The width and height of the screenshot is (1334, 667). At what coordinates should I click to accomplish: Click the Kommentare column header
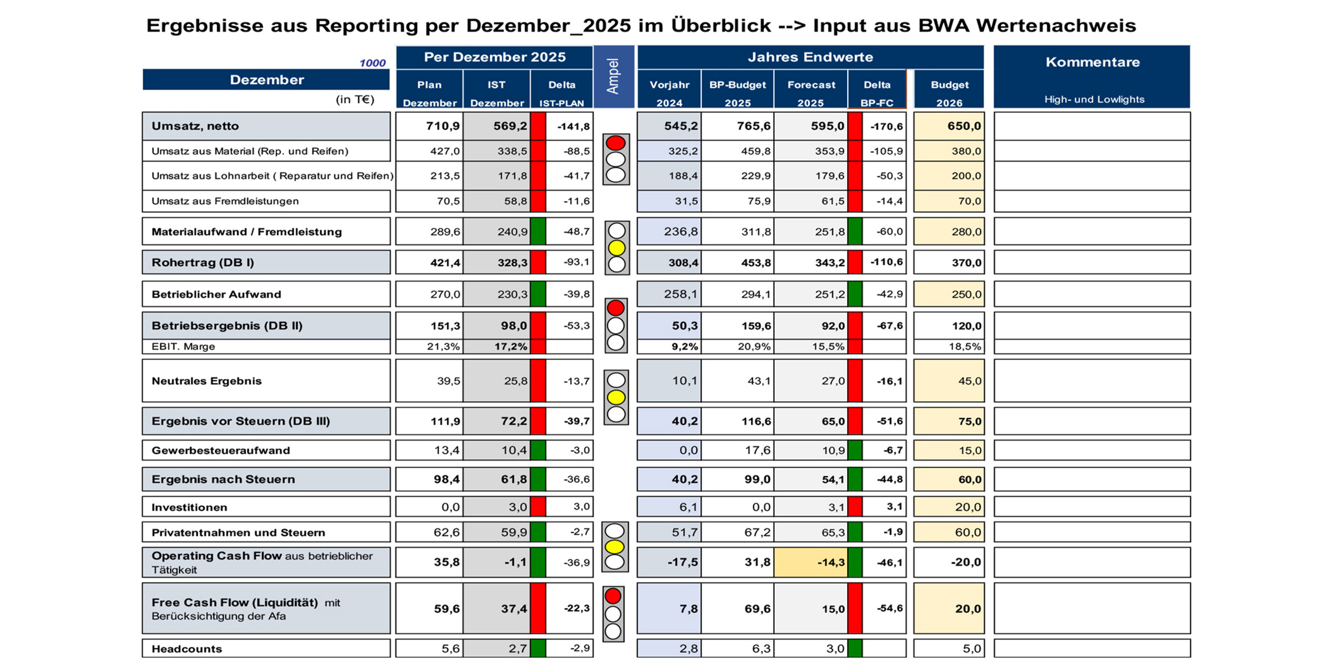1092,62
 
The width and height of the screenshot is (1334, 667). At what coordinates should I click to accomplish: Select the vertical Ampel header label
613,76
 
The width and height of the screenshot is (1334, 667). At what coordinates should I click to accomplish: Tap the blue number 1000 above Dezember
372,63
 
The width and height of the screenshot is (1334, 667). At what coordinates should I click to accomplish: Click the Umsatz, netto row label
195,126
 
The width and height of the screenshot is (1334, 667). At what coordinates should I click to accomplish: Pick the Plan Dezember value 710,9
443,126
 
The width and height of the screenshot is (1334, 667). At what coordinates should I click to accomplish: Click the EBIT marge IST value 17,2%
510,346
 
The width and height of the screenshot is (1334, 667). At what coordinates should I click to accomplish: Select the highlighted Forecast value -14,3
830,563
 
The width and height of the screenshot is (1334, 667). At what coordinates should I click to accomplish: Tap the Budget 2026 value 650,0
964,126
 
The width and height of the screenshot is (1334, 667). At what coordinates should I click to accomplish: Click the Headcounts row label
186,649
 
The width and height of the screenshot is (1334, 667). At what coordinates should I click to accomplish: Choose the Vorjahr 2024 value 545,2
681,126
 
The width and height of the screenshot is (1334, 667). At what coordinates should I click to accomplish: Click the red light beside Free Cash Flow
613,596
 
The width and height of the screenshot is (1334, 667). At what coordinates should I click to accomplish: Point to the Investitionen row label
189,507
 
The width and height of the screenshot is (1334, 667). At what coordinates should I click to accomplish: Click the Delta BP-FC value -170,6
886,127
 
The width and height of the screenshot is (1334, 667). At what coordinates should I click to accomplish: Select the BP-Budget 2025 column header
738,93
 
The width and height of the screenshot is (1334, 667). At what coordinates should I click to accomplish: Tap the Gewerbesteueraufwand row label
220,450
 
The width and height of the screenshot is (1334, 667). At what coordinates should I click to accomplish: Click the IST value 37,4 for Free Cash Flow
513,608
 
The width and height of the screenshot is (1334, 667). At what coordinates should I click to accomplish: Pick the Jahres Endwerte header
810,57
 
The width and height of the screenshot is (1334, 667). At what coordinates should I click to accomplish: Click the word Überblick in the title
721,25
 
